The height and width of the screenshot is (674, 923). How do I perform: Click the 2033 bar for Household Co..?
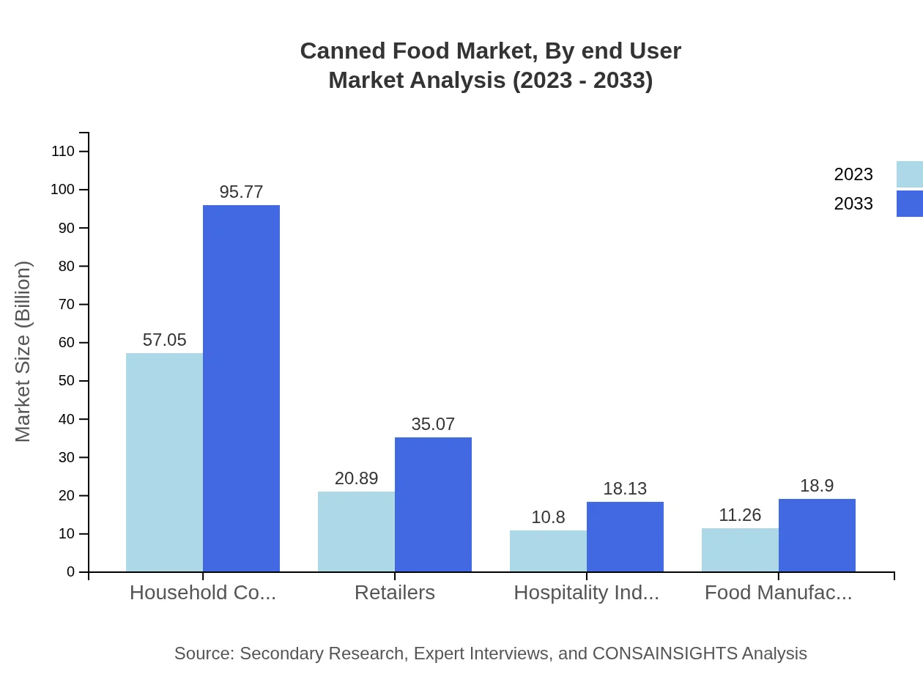point(241,388)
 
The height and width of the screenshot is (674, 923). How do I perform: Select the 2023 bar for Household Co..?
point(164,462)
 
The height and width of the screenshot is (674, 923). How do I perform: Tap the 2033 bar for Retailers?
point(433,504)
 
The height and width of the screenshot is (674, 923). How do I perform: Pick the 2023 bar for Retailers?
point(356,531)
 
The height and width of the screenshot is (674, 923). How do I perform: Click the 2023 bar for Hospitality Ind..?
point(548,551)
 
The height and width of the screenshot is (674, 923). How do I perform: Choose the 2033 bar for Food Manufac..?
point(817,535)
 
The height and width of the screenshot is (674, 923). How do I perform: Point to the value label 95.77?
point(241,192)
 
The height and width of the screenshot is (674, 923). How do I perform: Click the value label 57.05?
point(164,340)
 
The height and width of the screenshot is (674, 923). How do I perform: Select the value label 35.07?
point(433,424)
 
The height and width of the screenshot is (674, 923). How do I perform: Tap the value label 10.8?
point(548,517)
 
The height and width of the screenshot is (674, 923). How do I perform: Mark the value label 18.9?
point(817,486)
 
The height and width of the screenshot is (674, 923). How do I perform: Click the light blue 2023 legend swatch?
point(909,174)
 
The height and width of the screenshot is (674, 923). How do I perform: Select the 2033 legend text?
point(853,204)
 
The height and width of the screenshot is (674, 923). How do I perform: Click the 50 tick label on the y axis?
point(67,381)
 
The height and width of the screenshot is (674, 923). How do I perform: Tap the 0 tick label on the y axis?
point(71,572)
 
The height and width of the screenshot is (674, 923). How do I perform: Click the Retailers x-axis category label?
point(395,593)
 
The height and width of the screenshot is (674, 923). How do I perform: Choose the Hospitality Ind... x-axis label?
point(586,593)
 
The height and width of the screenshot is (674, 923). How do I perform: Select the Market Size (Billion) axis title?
point(23,352)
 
